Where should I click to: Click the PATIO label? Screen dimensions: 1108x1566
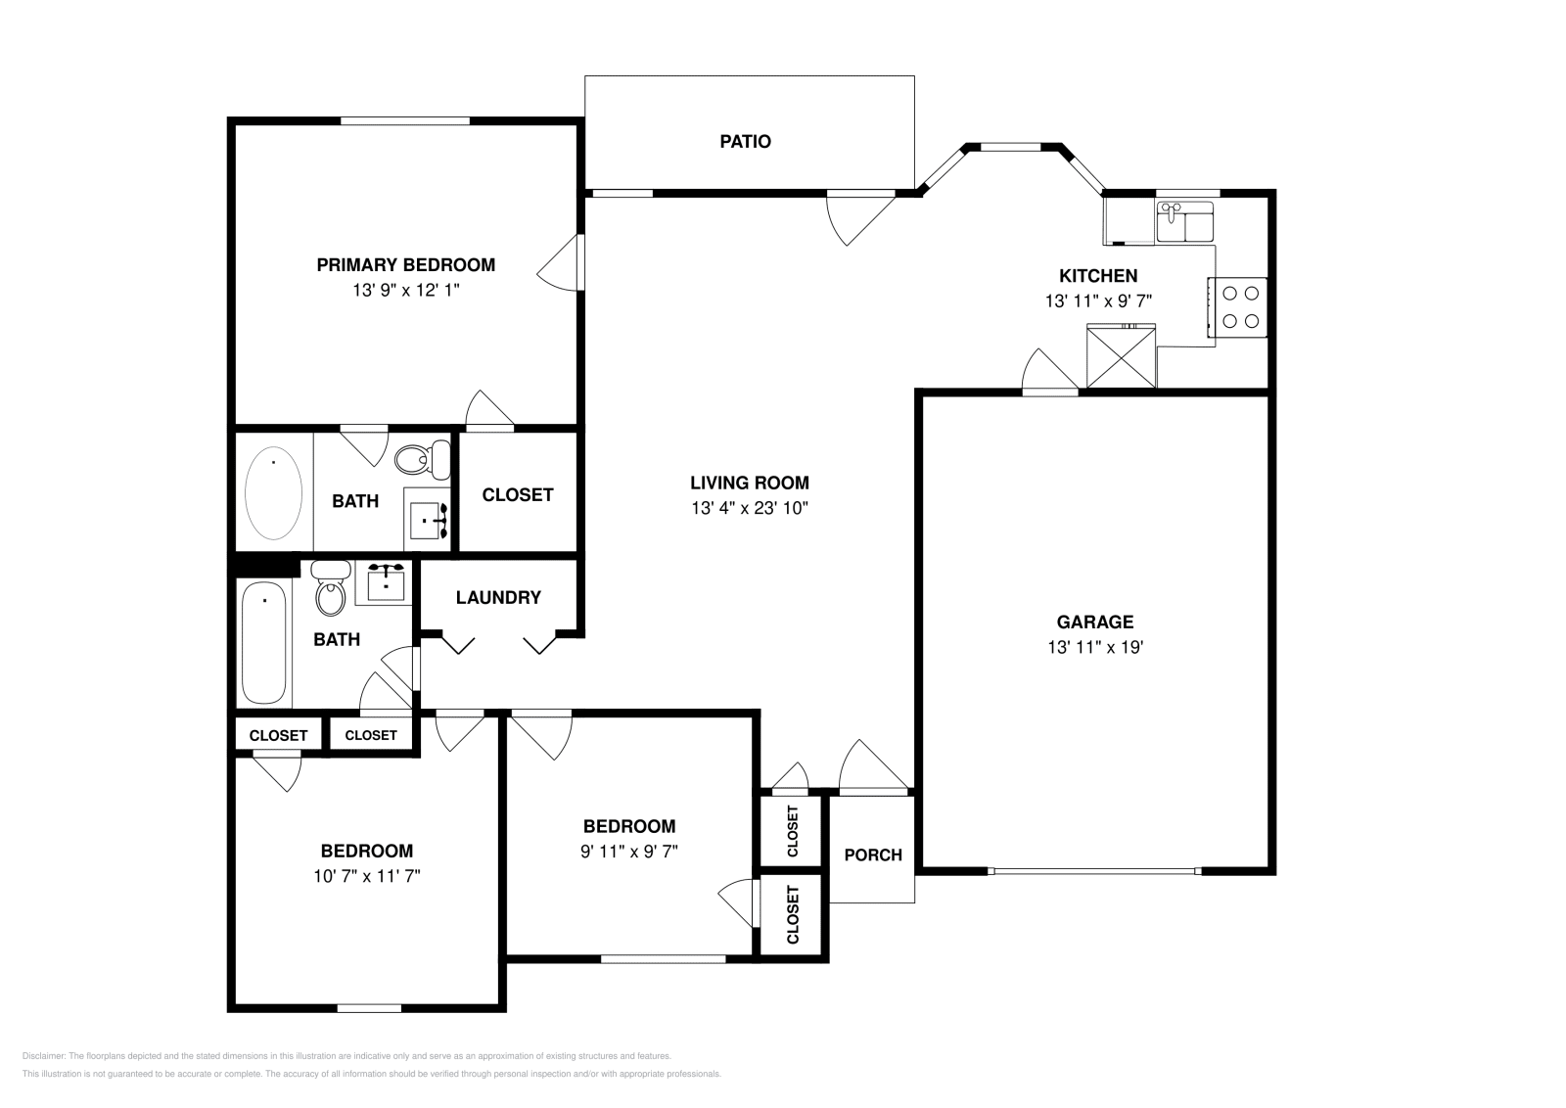coord(745,142)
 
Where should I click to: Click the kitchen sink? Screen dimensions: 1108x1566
coord(1184,222)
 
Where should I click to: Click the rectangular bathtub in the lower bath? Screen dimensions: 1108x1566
coord(264,643)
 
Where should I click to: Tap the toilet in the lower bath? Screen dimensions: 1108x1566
coord(331,588)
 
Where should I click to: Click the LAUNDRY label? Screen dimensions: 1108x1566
coord(498,597)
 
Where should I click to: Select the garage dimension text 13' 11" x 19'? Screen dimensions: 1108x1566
coord(1095,647)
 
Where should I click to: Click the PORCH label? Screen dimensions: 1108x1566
coord(873,855)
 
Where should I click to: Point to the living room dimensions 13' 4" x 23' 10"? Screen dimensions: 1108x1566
coord(750,508)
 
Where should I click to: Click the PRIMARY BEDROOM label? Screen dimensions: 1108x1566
coord(405,264)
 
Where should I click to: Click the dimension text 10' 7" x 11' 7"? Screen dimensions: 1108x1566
coord(366,877)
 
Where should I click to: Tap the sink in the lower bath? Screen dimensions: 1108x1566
coord(388,584)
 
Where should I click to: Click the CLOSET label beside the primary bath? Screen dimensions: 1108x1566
coord(518,495)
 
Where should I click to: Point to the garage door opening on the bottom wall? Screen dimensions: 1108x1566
coord(1093,870)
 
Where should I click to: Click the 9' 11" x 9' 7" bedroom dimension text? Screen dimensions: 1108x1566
coord(628,852)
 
